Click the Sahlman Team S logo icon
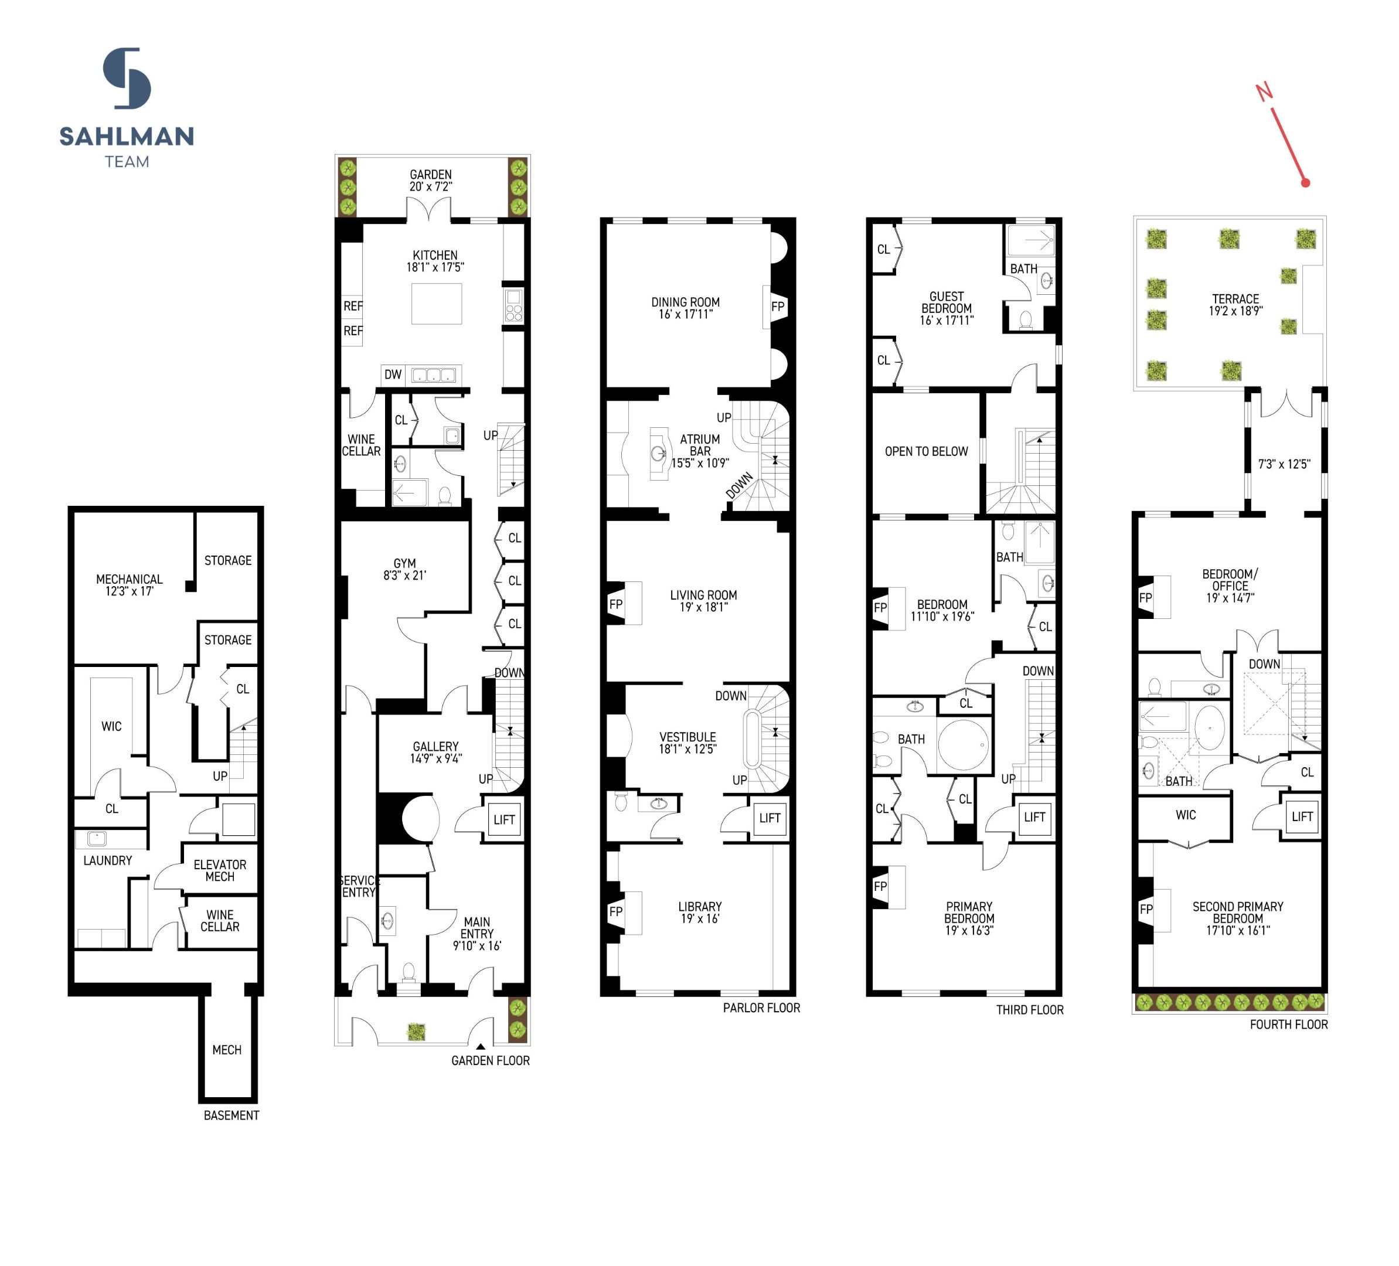coord(127,78)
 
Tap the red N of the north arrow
coord(1264,91)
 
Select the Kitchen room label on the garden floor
coord(435,256)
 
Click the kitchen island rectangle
coord(437,304)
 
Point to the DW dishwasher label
coord(393,375)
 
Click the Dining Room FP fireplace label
coord(777,307)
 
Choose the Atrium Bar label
coord(700,445)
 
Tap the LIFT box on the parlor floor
coord(770,818)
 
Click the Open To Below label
coord(925,452)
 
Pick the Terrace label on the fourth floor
coord(1235,299)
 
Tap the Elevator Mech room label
coord(220,870)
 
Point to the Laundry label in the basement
coord(108,860)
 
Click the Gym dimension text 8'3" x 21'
coord(404,576)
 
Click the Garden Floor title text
coord(490,1060)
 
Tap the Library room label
coord(700,907)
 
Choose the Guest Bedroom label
coord(947,302)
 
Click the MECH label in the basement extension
coord(227,1050)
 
